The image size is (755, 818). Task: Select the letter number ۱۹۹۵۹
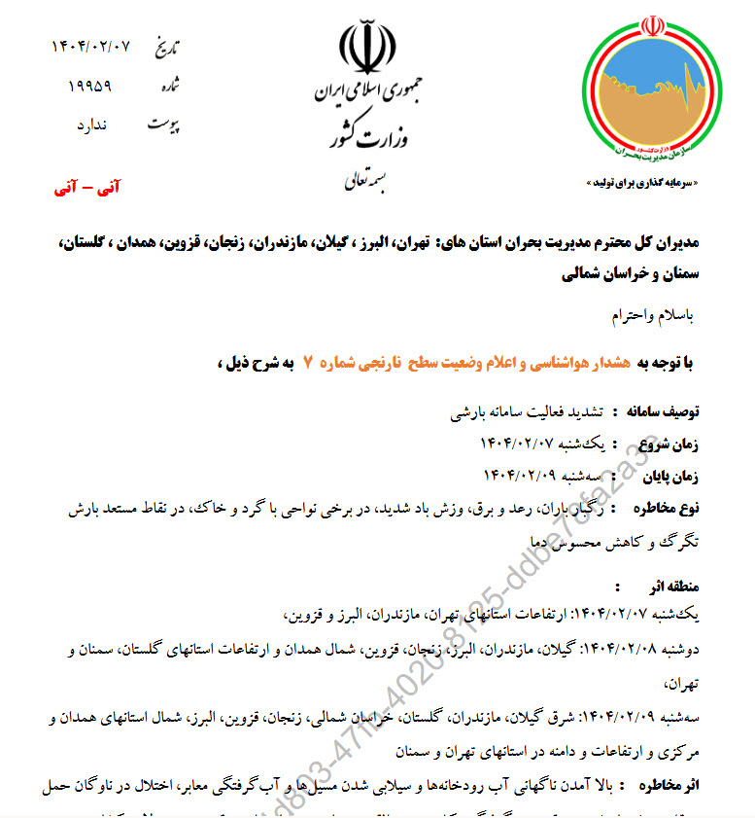point(90,86)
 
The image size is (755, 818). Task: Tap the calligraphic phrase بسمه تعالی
point(365,181)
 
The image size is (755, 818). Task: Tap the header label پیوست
point(164,124)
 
